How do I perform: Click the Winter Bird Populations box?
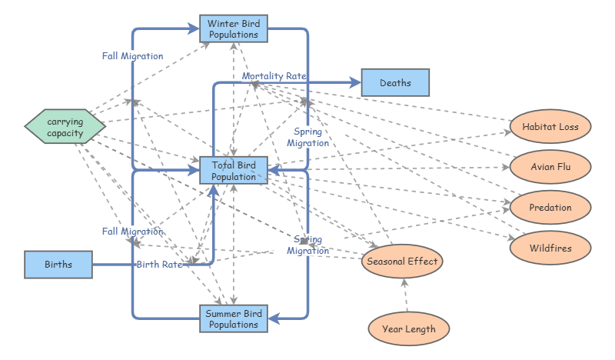tap(234, 29)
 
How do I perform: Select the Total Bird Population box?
tap(234, 171)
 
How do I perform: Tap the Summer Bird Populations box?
tap(234, 318)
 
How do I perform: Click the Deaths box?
tap(395, 83)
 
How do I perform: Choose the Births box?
tap(58, 265)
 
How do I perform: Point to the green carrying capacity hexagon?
tap(65, 128)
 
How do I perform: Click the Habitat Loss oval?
tap(550, 126)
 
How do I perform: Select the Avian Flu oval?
tap(550, 166)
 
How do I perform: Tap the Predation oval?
tap(550, 207)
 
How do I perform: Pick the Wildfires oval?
tap(550, 248)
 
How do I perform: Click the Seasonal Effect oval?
tap(402, 262)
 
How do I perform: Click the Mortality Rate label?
tap(274, 76)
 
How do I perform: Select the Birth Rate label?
tap(159, 265)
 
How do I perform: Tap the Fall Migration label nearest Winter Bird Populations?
tap(132, 56)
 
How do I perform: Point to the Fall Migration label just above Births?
tap(132, 231)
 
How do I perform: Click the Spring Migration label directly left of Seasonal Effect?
tap(308, 245)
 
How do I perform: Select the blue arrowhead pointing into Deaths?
tap(354, 83)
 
